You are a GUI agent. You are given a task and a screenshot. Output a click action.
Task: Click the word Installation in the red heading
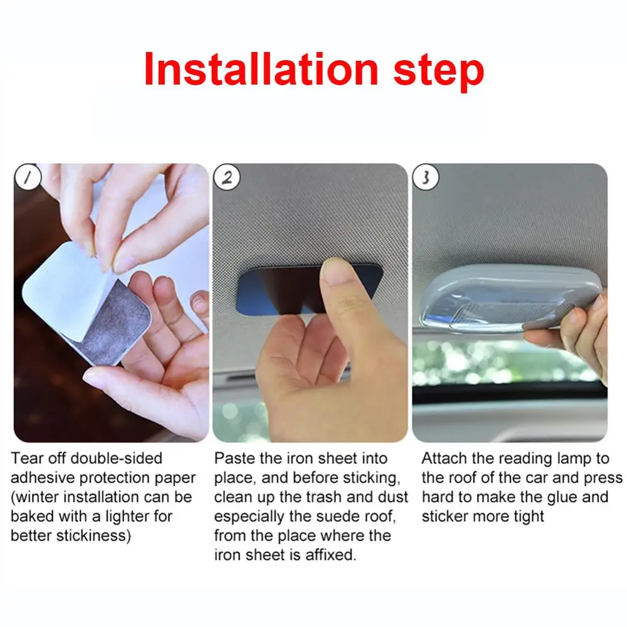(x=261, y=69)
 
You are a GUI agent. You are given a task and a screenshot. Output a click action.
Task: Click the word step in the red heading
(x=439, y=73)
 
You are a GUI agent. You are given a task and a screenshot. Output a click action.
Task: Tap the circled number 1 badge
(x=28, y=177)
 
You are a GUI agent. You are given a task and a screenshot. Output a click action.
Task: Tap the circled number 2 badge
(x=227, y=177)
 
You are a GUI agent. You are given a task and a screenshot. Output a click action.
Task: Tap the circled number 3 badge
(x=426, y=177)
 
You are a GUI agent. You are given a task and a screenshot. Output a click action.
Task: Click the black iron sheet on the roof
(x=280, y=288)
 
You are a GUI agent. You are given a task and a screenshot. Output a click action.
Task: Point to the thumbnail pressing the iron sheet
(x=337, y=271)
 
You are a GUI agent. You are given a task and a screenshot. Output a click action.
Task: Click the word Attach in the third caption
(x=445, y=458)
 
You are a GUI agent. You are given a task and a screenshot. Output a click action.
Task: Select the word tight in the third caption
(x=529, y=517)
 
